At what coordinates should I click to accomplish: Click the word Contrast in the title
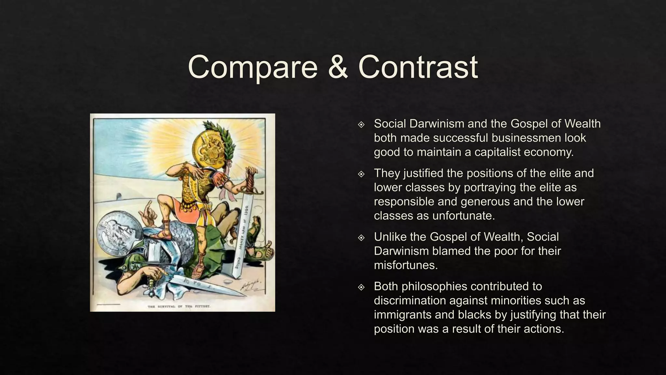tap(418, 67)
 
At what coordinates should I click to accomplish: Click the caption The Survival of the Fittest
tap(179, 306)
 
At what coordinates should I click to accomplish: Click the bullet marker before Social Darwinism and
tap(361, 124)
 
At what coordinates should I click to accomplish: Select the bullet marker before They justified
tap(361, 174)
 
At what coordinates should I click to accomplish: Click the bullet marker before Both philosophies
tap(361, 287)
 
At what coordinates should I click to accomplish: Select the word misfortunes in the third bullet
tap(406, 265)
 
